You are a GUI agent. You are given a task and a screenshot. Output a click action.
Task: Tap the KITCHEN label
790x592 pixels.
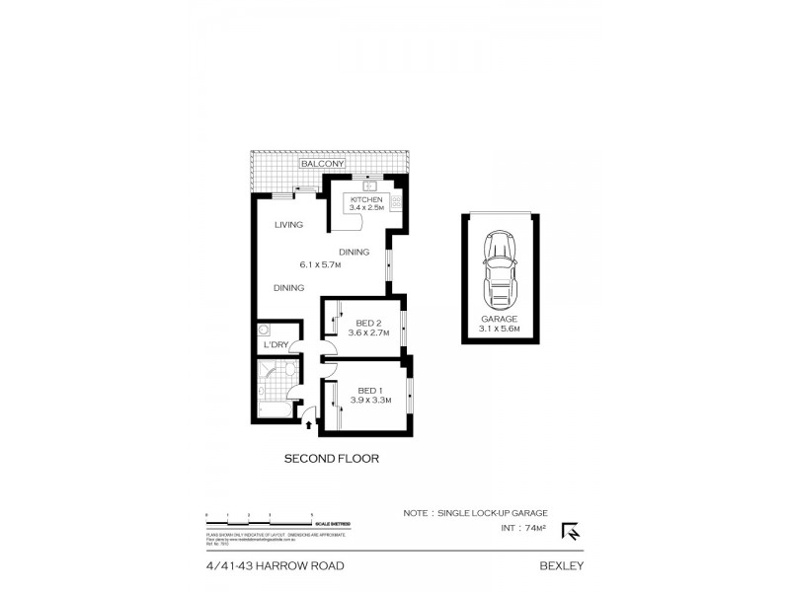point(365,199)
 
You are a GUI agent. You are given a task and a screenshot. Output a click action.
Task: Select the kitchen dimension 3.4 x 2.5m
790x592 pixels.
point(365,208)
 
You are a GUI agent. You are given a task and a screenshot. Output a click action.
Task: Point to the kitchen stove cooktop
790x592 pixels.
point(395,204)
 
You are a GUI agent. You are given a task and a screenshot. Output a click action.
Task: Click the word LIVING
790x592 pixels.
point(288,225)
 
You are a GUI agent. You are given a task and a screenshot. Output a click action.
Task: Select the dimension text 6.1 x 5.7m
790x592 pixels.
point(321,264)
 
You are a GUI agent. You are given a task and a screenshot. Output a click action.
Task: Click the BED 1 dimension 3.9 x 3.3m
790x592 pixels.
point(369,400)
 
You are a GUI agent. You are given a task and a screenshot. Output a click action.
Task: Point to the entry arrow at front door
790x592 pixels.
point(312,425)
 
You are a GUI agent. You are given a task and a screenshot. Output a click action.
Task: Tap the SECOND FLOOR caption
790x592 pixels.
point(332,459)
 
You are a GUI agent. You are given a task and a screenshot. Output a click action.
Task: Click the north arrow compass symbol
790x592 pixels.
point(571,532)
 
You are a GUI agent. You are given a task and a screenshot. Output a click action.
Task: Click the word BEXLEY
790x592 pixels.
point(563,566)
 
